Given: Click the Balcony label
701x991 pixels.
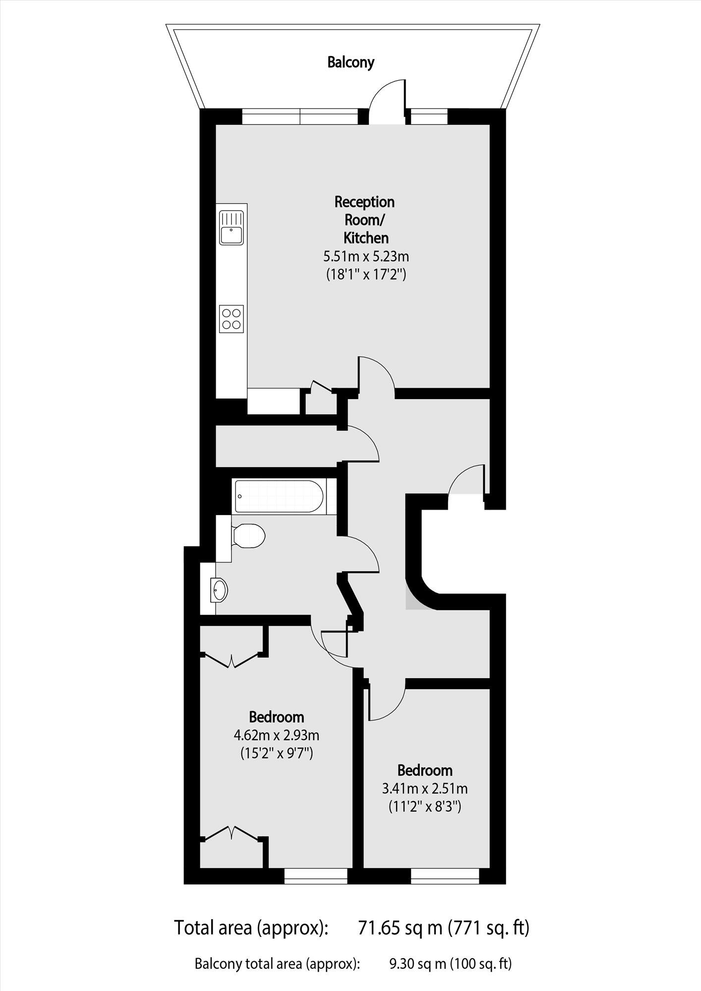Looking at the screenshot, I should tap(350, 62).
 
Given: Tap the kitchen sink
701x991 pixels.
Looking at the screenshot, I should tap(232, 228).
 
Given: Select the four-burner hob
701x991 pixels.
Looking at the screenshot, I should tap(232, 318).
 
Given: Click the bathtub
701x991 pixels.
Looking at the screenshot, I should tap(280, 496).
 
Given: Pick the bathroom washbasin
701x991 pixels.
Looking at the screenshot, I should tap(219, 590).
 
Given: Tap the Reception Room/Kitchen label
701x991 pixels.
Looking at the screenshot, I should tap(365, 220).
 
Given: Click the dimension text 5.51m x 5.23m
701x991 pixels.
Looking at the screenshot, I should tap(366, 257).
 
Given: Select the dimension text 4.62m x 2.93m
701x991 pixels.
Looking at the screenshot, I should tap(276, 735).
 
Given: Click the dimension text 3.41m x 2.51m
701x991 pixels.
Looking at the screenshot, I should tap(425, 788).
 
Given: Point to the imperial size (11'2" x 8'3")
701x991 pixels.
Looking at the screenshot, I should tap(425, 807).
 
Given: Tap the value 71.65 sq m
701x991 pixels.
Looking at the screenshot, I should tap(400, 928).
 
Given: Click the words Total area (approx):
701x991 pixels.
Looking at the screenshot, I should tap(251, 928).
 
